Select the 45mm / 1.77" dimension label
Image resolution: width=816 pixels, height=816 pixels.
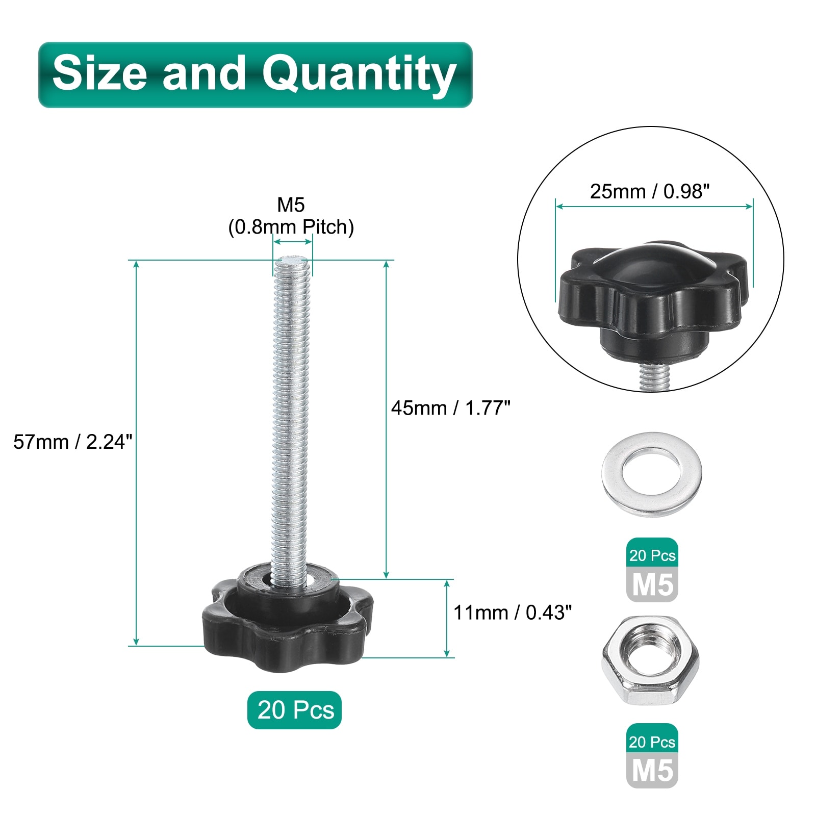click(451, 408)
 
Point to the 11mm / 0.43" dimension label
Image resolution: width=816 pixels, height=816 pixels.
click(513, 612)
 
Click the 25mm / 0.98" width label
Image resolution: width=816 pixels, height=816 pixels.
click(650, 191)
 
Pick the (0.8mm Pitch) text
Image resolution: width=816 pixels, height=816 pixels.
click(291, 227)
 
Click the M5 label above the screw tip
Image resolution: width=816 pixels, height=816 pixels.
click(291, 205)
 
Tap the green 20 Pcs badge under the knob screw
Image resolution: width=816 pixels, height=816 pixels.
click(294, 710)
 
